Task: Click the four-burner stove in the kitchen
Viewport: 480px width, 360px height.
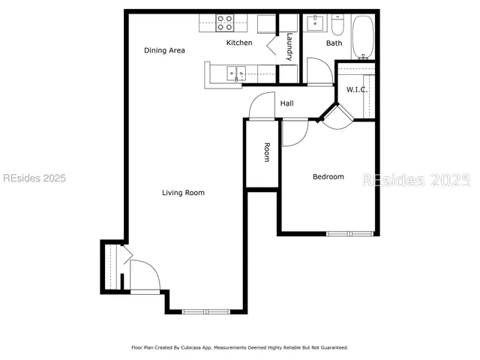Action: coord(224,22)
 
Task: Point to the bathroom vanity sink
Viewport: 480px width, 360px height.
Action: coord(316,22)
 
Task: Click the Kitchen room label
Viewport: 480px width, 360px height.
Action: coord(239,43)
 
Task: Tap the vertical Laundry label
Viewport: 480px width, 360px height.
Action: coord(289,46)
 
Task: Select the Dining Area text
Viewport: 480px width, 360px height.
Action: coord(164,50)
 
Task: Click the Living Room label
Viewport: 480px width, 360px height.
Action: coord(183,193)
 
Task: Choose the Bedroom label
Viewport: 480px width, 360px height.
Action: coord(328,177)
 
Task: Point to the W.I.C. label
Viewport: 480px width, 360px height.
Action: coord(355,90)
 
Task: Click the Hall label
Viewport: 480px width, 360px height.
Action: coord(286,103)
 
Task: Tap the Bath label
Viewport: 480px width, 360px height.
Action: coord(334,43)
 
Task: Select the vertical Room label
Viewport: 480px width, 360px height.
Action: coord(265,152)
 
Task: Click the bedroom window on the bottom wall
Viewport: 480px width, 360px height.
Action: coord(349,234)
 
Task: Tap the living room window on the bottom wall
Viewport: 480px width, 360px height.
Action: coord(206,311)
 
